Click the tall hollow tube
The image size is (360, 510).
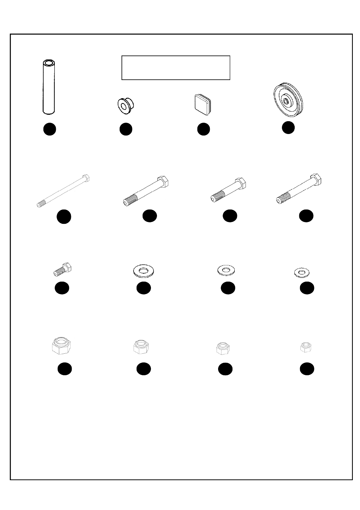(49, 87)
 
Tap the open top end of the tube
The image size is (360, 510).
(49, 62)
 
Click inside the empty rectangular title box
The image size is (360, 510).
(175, 68)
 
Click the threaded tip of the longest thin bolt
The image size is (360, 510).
(39, 205)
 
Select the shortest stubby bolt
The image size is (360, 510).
(62, 270)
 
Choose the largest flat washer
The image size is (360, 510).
(144, 271)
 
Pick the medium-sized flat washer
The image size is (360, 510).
(226, 270)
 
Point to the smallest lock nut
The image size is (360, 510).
(306, 347)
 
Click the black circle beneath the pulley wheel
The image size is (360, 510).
(288, 128)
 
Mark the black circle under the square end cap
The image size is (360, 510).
(203, 129)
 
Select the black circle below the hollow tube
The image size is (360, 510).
(49, 129)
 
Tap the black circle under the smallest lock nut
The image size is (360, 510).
(307, 369)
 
